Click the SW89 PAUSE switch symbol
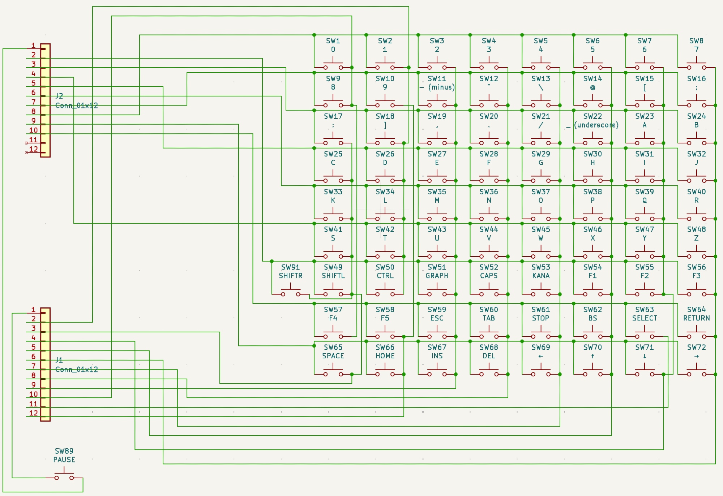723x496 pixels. (x=64, y=475)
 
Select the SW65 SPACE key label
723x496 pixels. (x=333, y=351)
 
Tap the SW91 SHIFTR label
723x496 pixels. (x=290, y=271)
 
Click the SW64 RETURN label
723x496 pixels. (x=696, y=314)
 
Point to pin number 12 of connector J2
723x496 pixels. (x=34, y=149)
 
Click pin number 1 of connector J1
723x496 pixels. (x=33, y=310)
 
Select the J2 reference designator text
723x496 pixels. (x=59, y=96)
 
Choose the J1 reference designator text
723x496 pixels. (x=59, y=360)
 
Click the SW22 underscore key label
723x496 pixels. (x=592, y=121)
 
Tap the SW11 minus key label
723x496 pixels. (x=437, y=83)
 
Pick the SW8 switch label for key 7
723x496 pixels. (x=696, y=45)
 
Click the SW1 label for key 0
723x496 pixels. (x=333, y=45)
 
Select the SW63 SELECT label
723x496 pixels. (x=645, y=314)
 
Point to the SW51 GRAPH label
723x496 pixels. (x=437, y=271)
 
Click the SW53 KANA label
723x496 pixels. (x=540, y=271)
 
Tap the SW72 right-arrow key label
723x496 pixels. (x=696, y=351)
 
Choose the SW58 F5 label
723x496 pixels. (x=385, y=314)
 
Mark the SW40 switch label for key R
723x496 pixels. (x=696, y=196)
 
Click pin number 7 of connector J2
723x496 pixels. (x=34, y=102)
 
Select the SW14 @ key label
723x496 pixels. (x=592, y=83)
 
